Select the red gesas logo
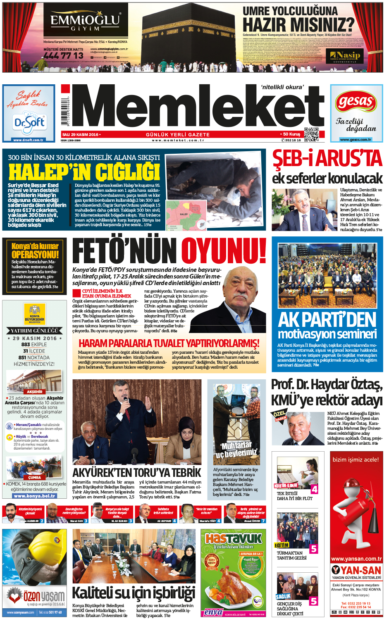point(356,101)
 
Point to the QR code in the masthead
point(311,135)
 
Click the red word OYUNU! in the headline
point(224,250)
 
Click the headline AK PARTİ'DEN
point(327,320)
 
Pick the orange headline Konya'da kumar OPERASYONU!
point(35,250)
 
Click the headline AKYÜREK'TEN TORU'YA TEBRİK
point(136,472)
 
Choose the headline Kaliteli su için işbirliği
point(134,593)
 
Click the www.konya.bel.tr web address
point(34,496)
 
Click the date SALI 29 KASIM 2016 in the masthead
point(80,135)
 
